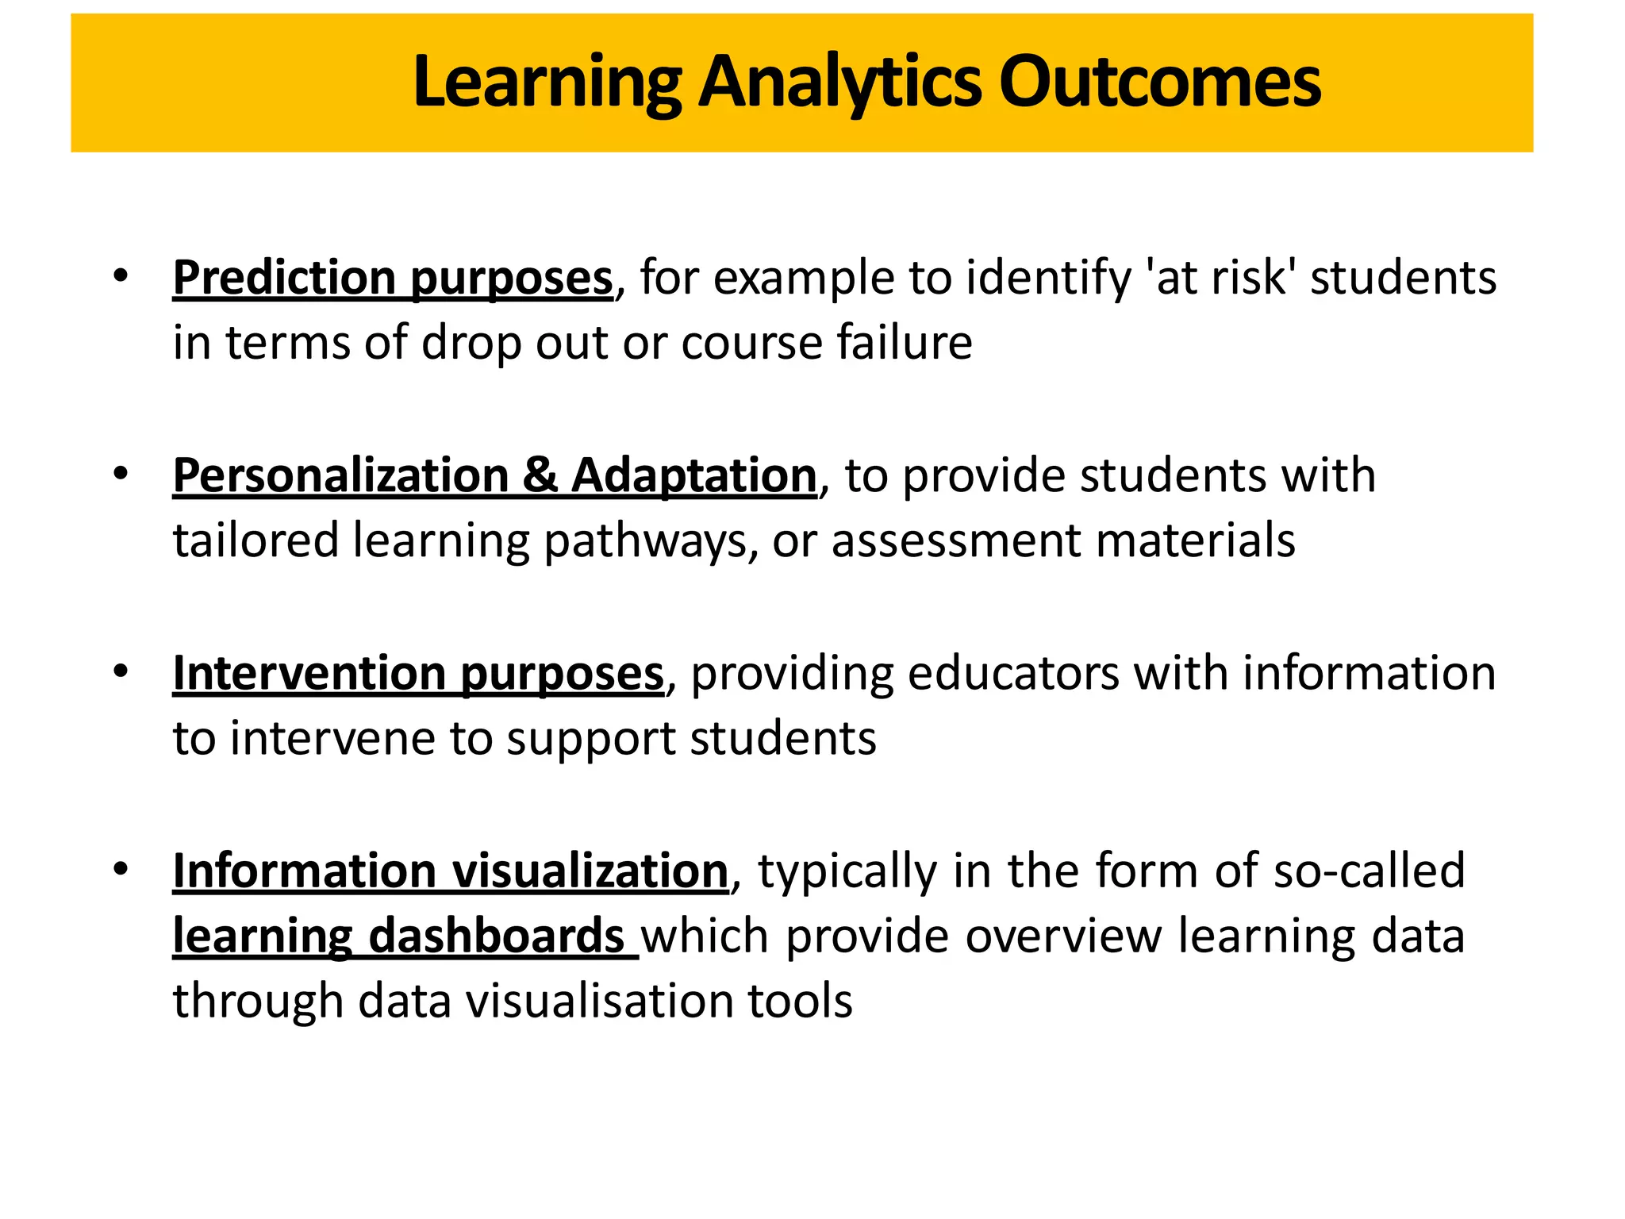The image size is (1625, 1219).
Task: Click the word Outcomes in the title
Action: click(x=1159, y=82)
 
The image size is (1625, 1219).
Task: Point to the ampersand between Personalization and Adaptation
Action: click(x=540, y=475)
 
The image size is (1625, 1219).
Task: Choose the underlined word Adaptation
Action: click(x=694, y=475)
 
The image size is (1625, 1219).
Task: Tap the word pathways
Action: click(x=645, y=542)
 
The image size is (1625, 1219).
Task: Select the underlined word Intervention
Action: click(x=309, y=673)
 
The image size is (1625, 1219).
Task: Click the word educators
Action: click(x=1012, y=673)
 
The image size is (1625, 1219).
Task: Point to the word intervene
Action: click(x=333, y=738)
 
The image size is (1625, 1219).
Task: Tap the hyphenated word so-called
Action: click(x=1369, y=871)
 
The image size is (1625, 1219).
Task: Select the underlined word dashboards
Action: click(x=497, y=936)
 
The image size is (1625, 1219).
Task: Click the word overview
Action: click(x=1063, y=936)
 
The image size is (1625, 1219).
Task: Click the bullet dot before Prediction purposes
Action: click(x=121, y=276)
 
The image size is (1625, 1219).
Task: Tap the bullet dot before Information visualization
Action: click(x=121, y=869)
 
